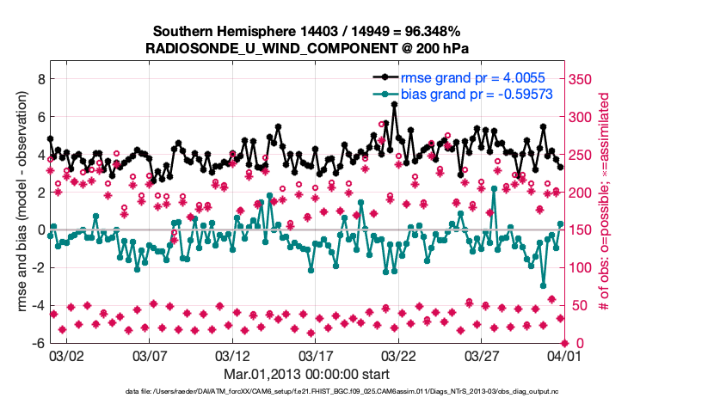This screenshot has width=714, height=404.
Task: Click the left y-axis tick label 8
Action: click(x=40, y=79)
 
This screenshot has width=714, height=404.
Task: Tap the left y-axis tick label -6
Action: click(x=37, y=343)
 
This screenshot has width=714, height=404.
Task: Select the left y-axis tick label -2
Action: click(x=37, y=267)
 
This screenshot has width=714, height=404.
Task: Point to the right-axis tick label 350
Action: click(x=582, y=79)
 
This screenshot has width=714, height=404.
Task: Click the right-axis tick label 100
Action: click(x=582, y=267)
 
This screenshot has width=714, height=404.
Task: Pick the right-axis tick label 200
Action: click(x=582, y=193)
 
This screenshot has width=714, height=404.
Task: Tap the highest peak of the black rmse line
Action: click(x=394, y=104)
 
